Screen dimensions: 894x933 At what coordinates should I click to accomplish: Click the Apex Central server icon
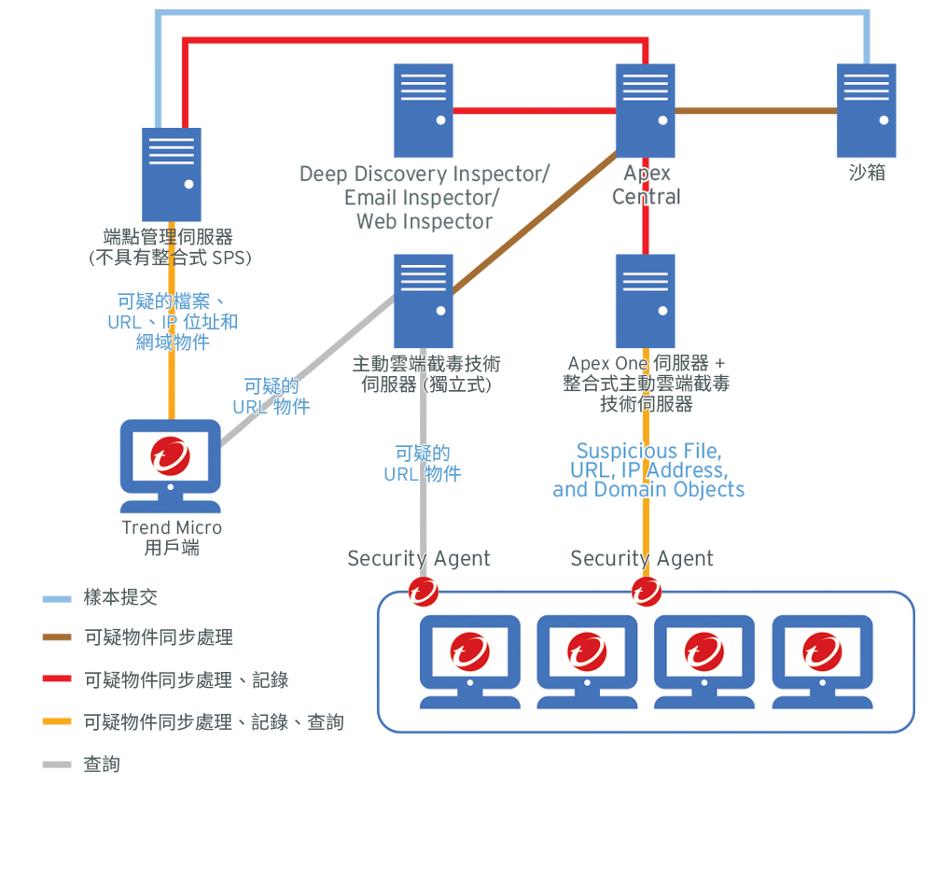[645, 110]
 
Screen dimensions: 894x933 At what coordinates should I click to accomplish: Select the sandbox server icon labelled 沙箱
[866, 110]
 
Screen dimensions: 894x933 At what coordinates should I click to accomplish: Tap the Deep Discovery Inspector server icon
[423, 110]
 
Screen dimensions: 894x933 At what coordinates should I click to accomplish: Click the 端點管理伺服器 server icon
[171, 175]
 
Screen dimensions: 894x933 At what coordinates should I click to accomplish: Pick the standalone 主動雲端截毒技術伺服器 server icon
[423, 300]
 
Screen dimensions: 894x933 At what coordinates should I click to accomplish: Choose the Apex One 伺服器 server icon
[645, 300]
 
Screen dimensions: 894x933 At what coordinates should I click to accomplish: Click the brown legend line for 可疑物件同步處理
[57, 638]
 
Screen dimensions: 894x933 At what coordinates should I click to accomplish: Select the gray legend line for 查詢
[57, 765]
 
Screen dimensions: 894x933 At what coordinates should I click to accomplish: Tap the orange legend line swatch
[57, 722]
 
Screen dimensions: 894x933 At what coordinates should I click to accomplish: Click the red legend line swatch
[57, 680]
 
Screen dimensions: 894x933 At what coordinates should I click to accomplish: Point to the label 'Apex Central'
[647, 185]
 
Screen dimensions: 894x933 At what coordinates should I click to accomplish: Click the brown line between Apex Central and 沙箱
[756, 110]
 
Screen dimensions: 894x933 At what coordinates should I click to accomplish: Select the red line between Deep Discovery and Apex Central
[534, 110]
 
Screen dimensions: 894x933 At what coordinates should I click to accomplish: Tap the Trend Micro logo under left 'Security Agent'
[423, 591]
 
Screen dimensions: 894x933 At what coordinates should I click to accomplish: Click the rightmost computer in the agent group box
[822, 661]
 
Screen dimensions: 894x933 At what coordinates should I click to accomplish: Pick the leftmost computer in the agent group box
[469, 661]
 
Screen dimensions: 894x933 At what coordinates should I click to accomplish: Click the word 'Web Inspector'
[425, 222]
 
